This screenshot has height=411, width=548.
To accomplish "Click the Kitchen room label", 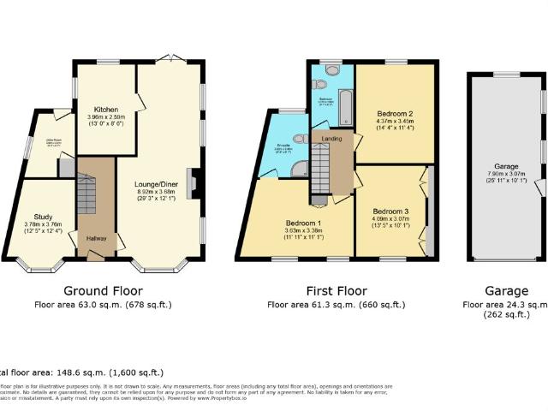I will (x=106, y=110).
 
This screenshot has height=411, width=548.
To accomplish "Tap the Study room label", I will (x=44, y=217).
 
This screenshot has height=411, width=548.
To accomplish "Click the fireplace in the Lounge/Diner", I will (x=197, y=182).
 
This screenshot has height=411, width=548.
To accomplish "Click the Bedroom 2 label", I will (x=395, y=114).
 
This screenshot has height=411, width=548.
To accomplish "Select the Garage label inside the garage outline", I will (x=507, y=168).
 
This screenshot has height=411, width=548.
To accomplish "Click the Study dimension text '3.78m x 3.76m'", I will (x=44, y=226).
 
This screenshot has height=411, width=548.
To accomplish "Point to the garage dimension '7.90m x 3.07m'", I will (x=507, y=176).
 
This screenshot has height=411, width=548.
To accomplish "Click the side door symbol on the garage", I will (x=539, y=187).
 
